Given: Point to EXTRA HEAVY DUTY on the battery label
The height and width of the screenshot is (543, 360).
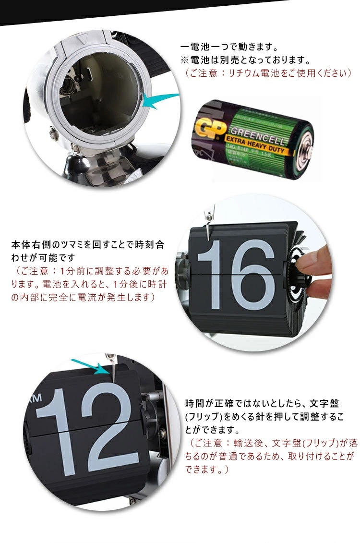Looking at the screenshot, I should pos(260,146).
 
